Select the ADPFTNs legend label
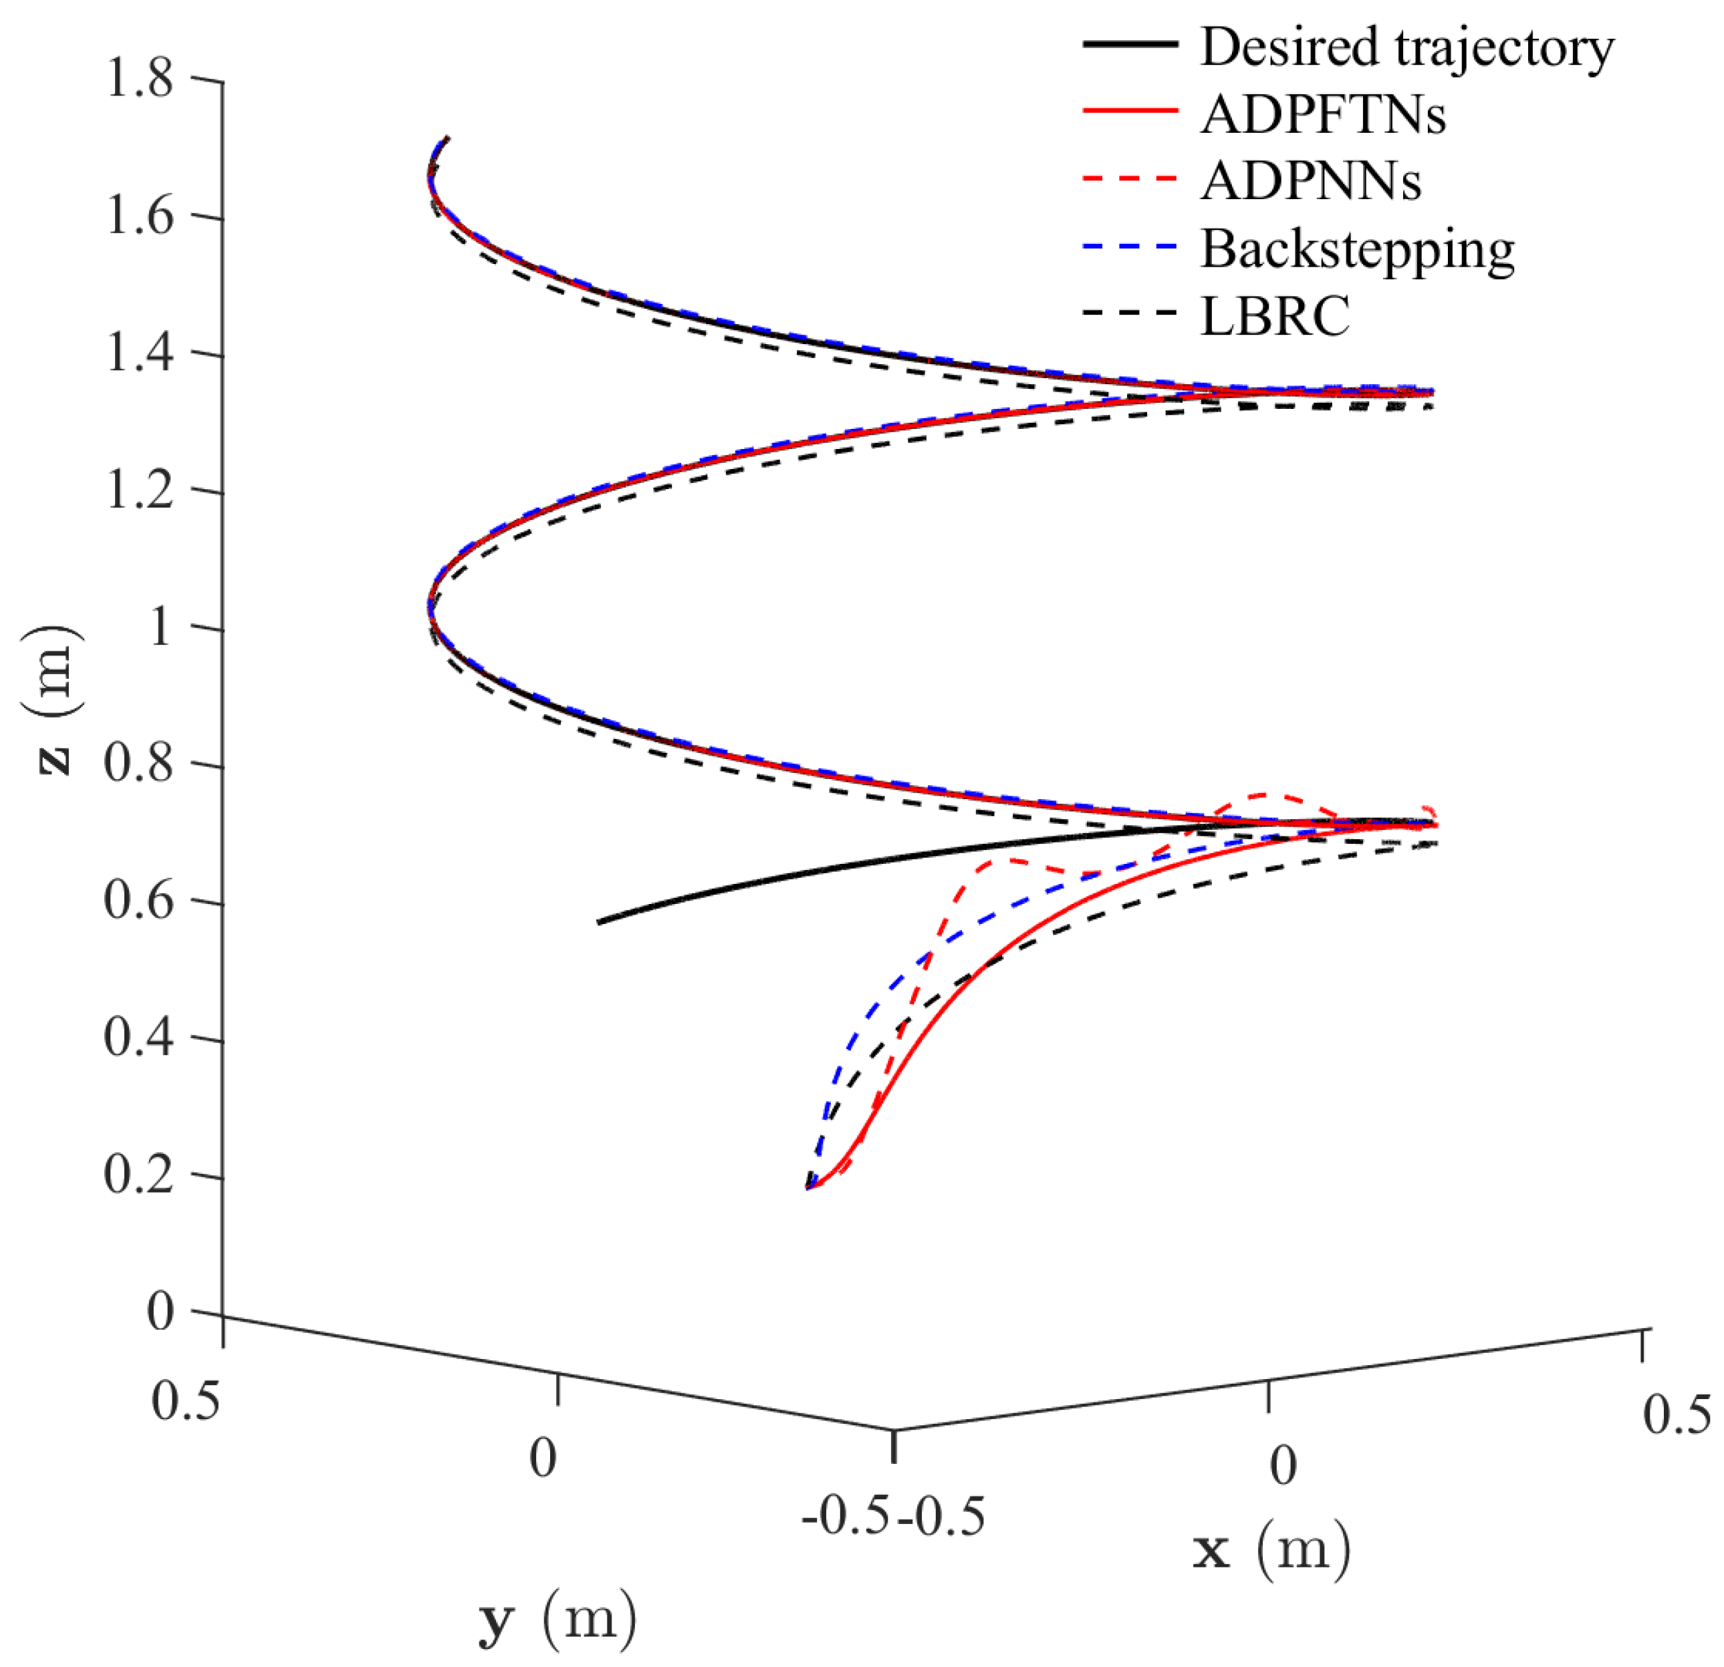[1323, 114]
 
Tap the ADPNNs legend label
[1311, 182]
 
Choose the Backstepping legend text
[1357, 250]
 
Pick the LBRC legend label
[1275, 317]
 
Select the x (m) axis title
[1271, 1551]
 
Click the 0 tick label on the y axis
[543, 1459]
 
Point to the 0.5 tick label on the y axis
[186, 1400]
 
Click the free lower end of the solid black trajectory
[599, 922]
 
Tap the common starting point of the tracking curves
[808, 1188]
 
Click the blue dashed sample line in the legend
[1130, 249]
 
